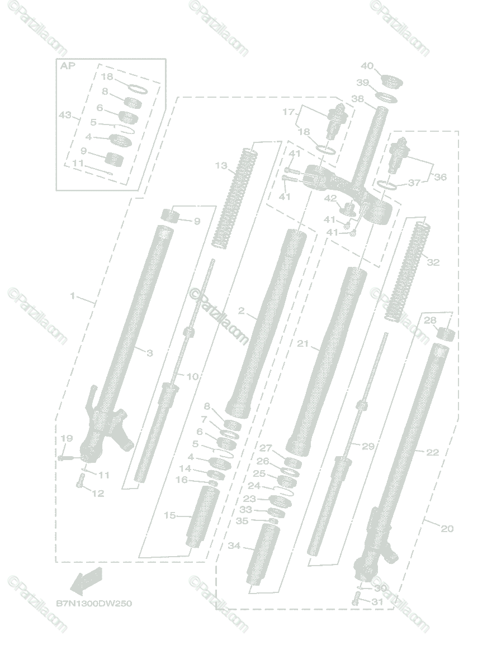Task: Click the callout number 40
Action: [367, 66]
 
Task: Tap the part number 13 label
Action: [221, 165]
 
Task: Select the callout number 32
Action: [433, 262]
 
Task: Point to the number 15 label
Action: [169, 515]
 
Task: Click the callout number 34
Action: [234, 545]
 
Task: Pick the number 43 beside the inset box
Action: [66, 114]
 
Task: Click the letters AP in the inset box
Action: [67, 65]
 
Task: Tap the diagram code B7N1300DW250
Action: [94, 604]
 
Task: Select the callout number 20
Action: [447, 528]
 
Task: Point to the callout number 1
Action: [72, 296]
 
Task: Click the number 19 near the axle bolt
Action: [67, 439]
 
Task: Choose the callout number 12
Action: [98, 494]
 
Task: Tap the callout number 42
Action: [330, 198]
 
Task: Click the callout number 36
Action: [441, 177]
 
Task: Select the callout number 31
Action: [378, 601]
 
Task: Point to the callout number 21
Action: [302, 344]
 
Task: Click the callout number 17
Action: [288, 112]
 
